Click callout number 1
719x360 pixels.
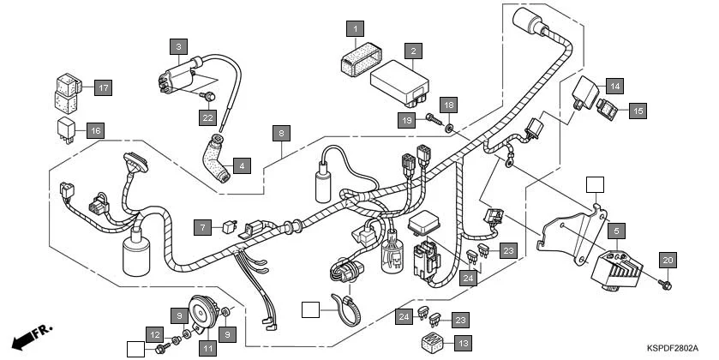coord(352,29)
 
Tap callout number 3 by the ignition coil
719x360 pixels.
coord(178,46)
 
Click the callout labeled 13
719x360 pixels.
coord(463,343)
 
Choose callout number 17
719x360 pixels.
coord(103,87)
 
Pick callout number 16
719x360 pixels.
coord(95,130)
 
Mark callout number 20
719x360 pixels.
coord(668,260)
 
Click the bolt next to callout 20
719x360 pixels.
coord(667,282)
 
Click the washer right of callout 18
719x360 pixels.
coord(450,126)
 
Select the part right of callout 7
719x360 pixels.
coord(226,228)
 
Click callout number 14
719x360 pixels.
coord(615,85)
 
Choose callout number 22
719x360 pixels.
coord(207,117)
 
